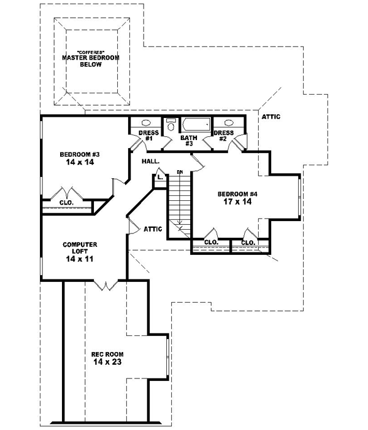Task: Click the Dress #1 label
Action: point(148,136)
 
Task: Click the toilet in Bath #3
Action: point(171,124)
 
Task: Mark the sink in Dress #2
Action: point(227,123)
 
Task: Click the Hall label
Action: point(151,161)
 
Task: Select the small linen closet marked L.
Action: point(159,178)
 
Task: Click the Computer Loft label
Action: point(80,248)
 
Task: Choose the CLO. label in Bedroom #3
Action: point(66,202)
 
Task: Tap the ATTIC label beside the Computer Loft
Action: point(153,229)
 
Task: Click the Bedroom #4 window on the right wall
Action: point(299,197)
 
